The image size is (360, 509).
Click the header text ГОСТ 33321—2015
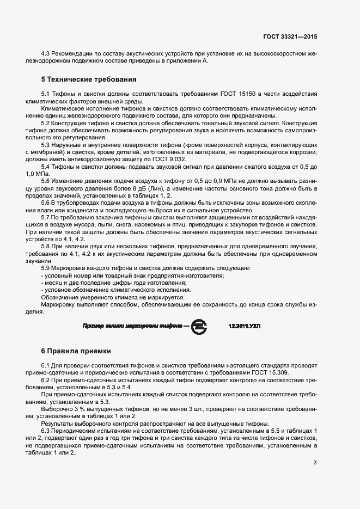tap(290, 36)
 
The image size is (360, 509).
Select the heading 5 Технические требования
tap(84, 78)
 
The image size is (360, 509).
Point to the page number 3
tap(315, 463)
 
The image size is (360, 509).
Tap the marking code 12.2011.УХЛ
tap(245, 326)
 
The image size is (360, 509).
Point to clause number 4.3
tap(46, 54)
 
